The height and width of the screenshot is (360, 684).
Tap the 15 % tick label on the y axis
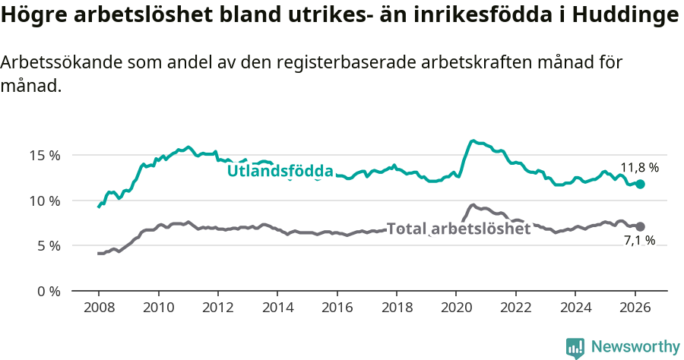pos(45,156)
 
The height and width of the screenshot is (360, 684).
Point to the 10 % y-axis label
pos(45,201)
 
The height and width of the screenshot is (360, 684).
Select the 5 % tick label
pos(48,246)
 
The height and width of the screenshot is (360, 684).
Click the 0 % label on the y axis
pos(48,291)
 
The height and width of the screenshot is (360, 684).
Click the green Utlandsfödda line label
pos(280,172)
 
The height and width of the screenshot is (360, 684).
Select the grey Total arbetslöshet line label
pos(458,228)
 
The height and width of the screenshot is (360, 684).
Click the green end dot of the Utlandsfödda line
pos(640,184)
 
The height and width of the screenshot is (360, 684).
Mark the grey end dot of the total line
pos(640,226)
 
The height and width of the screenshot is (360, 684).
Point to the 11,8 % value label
pos(639,168)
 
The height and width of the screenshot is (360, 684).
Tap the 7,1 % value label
pos(639,241)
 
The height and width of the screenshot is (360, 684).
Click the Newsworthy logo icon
pos(575,348)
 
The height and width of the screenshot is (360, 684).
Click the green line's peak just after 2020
pos(473,141)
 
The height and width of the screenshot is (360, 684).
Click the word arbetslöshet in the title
pos(140,16)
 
